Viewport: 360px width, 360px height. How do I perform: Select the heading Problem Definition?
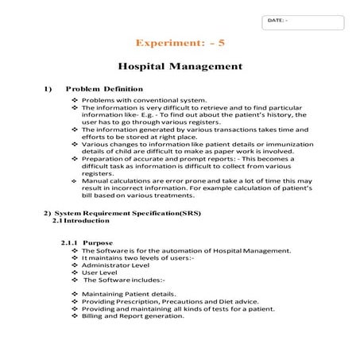(x=104, y=88)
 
